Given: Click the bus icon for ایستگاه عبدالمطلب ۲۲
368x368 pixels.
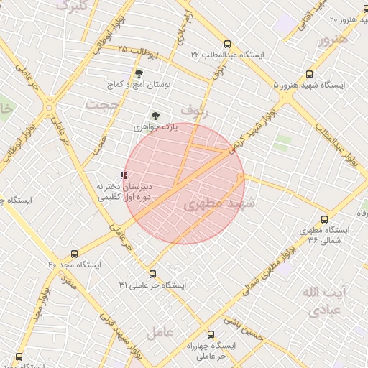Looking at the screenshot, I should (x=227, y=43).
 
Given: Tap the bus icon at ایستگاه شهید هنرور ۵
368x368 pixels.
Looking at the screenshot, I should (x=310, y=74).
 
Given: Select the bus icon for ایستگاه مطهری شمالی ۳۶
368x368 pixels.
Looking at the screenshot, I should (x=324, y=219).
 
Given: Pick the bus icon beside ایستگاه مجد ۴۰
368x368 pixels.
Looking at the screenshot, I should (x=74, y=254).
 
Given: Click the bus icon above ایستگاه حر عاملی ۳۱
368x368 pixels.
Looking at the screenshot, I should (x=152, y=274).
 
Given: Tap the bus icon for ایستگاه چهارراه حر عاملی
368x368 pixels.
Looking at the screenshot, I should (x=211, y=334).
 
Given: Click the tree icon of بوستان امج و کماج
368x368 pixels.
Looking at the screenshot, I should (x=139, y=73).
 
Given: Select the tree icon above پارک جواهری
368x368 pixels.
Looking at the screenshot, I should (x=155, y=115).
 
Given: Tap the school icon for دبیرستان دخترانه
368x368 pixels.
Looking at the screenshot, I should (x=124, y=175).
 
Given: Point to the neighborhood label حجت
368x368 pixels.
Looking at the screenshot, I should (x=101, y=105).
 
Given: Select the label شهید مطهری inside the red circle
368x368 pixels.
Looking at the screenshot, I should (x=215, y=204).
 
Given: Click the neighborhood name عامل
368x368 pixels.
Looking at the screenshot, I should (x=160, y=333).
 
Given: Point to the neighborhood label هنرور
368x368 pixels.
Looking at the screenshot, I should (x=333, y=39).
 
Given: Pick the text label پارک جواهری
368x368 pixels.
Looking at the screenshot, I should (x=155, y=127).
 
